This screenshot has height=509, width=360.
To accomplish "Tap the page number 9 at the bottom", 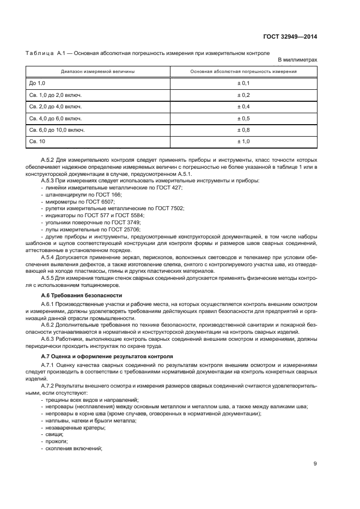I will [315, 464].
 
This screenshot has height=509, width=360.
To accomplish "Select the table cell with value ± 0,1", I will [243, 83].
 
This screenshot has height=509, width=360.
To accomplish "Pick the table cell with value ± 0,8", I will [243, 130].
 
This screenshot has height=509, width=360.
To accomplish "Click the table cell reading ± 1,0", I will [243, 142].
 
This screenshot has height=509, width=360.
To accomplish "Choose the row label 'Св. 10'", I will [38, 142].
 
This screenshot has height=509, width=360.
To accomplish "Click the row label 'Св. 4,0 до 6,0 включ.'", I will [55, 118].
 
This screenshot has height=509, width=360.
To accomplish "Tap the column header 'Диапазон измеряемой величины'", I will [98, 71].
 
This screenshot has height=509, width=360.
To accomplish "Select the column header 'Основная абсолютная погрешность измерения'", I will [243, 71].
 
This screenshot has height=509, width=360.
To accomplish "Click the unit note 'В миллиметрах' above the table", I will [297, 60].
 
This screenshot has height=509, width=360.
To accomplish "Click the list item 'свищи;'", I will [54, 434].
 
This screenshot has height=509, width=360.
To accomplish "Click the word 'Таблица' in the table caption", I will [40, 53].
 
